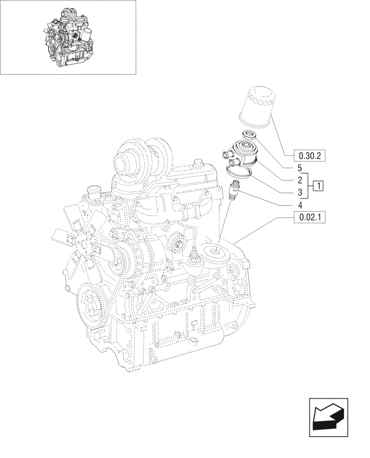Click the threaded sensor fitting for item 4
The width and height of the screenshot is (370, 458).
click(x=234, y=189)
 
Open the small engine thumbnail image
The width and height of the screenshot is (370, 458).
click(x=68, y=37)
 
